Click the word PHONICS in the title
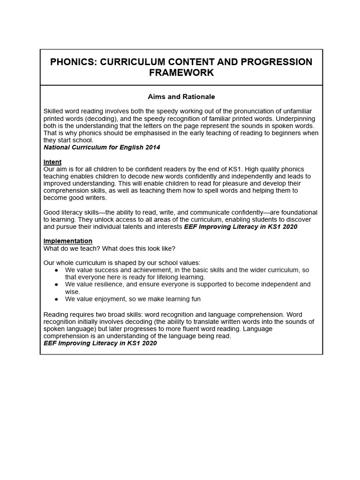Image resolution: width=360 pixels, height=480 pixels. click(73, 62)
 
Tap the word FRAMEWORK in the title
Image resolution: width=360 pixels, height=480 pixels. click(181, 73)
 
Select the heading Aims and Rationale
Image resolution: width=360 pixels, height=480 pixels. click(181, 97)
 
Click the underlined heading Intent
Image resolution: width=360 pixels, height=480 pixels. click(52, 162)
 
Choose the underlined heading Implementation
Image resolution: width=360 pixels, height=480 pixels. click(68, 241)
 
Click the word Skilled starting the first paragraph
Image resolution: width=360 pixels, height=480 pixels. click(55, 111)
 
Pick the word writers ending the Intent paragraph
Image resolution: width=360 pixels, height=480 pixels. click(95, 198)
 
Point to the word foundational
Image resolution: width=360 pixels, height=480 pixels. click(297, 212)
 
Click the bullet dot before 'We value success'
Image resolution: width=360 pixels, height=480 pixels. click(57, 270)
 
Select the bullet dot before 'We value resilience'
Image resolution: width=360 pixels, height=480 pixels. click(57, 285)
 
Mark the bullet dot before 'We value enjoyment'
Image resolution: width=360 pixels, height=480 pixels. click(57, 299)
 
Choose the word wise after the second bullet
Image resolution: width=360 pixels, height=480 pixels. click(73, 292)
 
